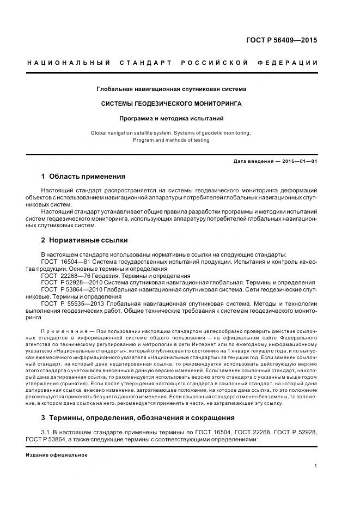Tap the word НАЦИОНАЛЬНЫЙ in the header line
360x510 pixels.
(x=69, y=63)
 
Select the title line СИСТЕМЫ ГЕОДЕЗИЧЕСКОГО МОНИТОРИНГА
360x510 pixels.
(x=172, y=103)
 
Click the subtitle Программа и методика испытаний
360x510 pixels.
(x=172, y=118)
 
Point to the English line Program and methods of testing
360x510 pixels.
(x=171, y=140)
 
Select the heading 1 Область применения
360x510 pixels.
(x=83, y=176)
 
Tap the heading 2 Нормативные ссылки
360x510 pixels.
(x=84, y=240)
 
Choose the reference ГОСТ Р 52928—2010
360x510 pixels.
(x=68, y=283)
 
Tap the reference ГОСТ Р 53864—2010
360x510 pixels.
(x=68, y=290)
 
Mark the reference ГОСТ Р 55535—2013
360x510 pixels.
(x=68, y=303)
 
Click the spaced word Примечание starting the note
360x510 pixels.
(x=64, y=331)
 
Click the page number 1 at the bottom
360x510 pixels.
(x=316, y=466)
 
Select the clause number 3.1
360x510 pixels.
(x=45, y=432)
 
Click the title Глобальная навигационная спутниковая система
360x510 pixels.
(x=172, y=88)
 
